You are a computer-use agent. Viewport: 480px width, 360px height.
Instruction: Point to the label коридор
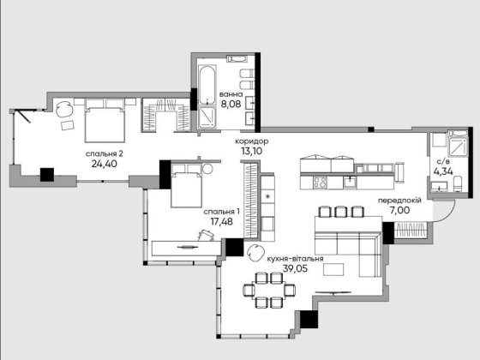click(251, 141)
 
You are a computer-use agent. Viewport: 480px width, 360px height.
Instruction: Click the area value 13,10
click(251, 153)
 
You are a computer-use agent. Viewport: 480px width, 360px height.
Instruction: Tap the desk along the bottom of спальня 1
click(184, 247)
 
